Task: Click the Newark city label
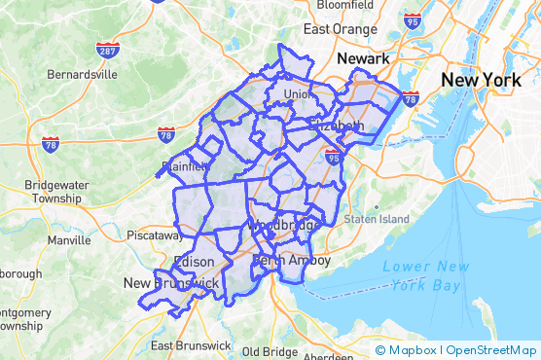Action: [363, 59]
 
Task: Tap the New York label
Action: [484, 79]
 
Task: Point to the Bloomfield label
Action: [338, 4]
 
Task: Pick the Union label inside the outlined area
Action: [297, 93]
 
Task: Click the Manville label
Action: [68, 239]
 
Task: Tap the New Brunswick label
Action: [170, 282]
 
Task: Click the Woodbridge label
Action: [278, 226]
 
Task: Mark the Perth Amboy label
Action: [292, 261]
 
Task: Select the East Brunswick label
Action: [191, 345]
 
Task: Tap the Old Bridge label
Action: [270, 351]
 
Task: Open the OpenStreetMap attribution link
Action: [493, 350]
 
